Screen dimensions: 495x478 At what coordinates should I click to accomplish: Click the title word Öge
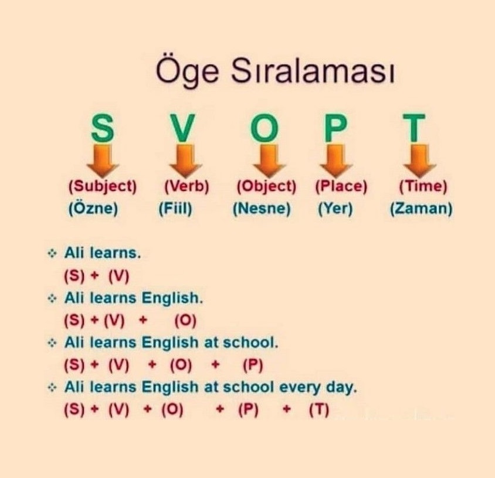(187, 70)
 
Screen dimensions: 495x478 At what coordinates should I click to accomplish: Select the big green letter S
(102, 128)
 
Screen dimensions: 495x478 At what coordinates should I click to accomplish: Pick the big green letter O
(265, 128)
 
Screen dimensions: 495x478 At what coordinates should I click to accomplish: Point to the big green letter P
(335, 128)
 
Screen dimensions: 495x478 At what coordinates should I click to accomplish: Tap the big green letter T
(414, 128)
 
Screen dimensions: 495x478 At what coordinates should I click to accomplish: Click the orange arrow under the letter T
(420, 161)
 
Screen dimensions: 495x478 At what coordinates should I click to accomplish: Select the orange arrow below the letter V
(185, 161)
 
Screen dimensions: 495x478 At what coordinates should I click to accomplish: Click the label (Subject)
(103, 187)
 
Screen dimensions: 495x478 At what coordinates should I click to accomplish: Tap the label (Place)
(341, 186)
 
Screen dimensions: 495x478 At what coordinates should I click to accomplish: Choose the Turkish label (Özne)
(93, 208)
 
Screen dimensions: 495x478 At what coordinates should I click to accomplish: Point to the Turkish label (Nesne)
(262, 209)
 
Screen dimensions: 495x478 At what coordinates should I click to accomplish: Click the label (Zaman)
(421, 209)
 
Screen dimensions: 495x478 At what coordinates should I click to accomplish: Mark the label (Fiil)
(175, 209)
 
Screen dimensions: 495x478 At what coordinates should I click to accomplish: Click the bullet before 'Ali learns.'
(52, 253)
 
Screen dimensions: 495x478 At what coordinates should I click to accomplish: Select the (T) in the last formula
(319, 410)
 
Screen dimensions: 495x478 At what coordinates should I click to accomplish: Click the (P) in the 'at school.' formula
(253, 365)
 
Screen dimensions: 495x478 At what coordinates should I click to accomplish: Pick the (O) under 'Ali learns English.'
(185, 320)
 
